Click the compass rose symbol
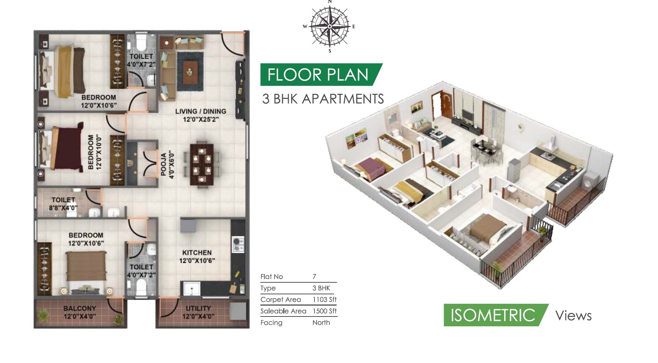pos(329,26)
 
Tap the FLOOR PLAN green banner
pos(318,75)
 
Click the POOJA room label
pos(167,165)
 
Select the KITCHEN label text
pos(197,253)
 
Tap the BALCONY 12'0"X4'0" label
pos(80,312)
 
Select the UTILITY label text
pos(198,308)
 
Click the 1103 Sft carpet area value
pos(324,299)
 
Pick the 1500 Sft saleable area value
pos(324,311)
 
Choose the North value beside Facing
pos(321,323)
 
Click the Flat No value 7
pos(314,277)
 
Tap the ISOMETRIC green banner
pos(492,315)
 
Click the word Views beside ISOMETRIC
pos(573,316)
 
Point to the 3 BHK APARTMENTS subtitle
pos(323,99)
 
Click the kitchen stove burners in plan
pos(238,244)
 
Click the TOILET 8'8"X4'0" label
pos(63,204)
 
